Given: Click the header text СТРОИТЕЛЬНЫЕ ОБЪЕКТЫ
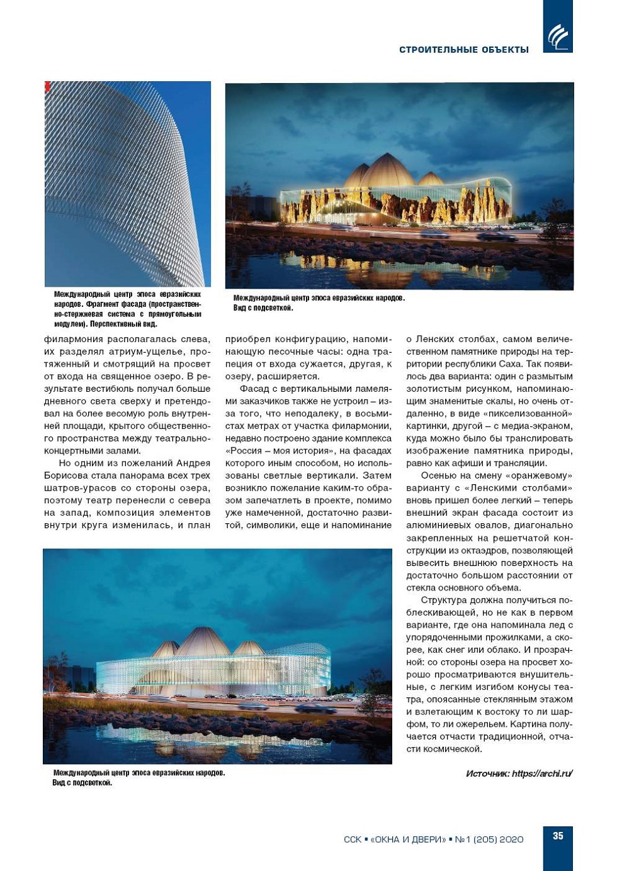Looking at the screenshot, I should click(464, 50).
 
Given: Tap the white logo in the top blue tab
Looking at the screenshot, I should click(558, 36).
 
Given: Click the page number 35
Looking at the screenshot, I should click(558, 836).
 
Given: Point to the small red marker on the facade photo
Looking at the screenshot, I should click(47, 87).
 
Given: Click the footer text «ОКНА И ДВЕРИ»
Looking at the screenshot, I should click(408, 840).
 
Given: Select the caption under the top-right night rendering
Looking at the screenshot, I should click(319, 302).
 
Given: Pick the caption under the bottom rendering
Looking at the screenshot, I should click(139, 777).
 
